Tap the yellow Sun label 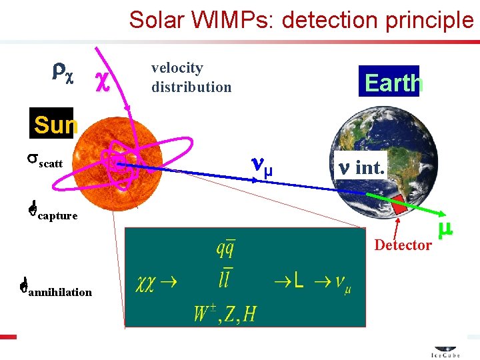point(55,125)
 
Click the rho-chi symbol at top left point(64,72)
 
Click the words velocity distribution point(191,77)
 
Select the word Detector point(403,245)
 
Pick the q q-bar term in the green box point(224,249)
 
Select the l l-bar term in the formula point(224,279)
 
